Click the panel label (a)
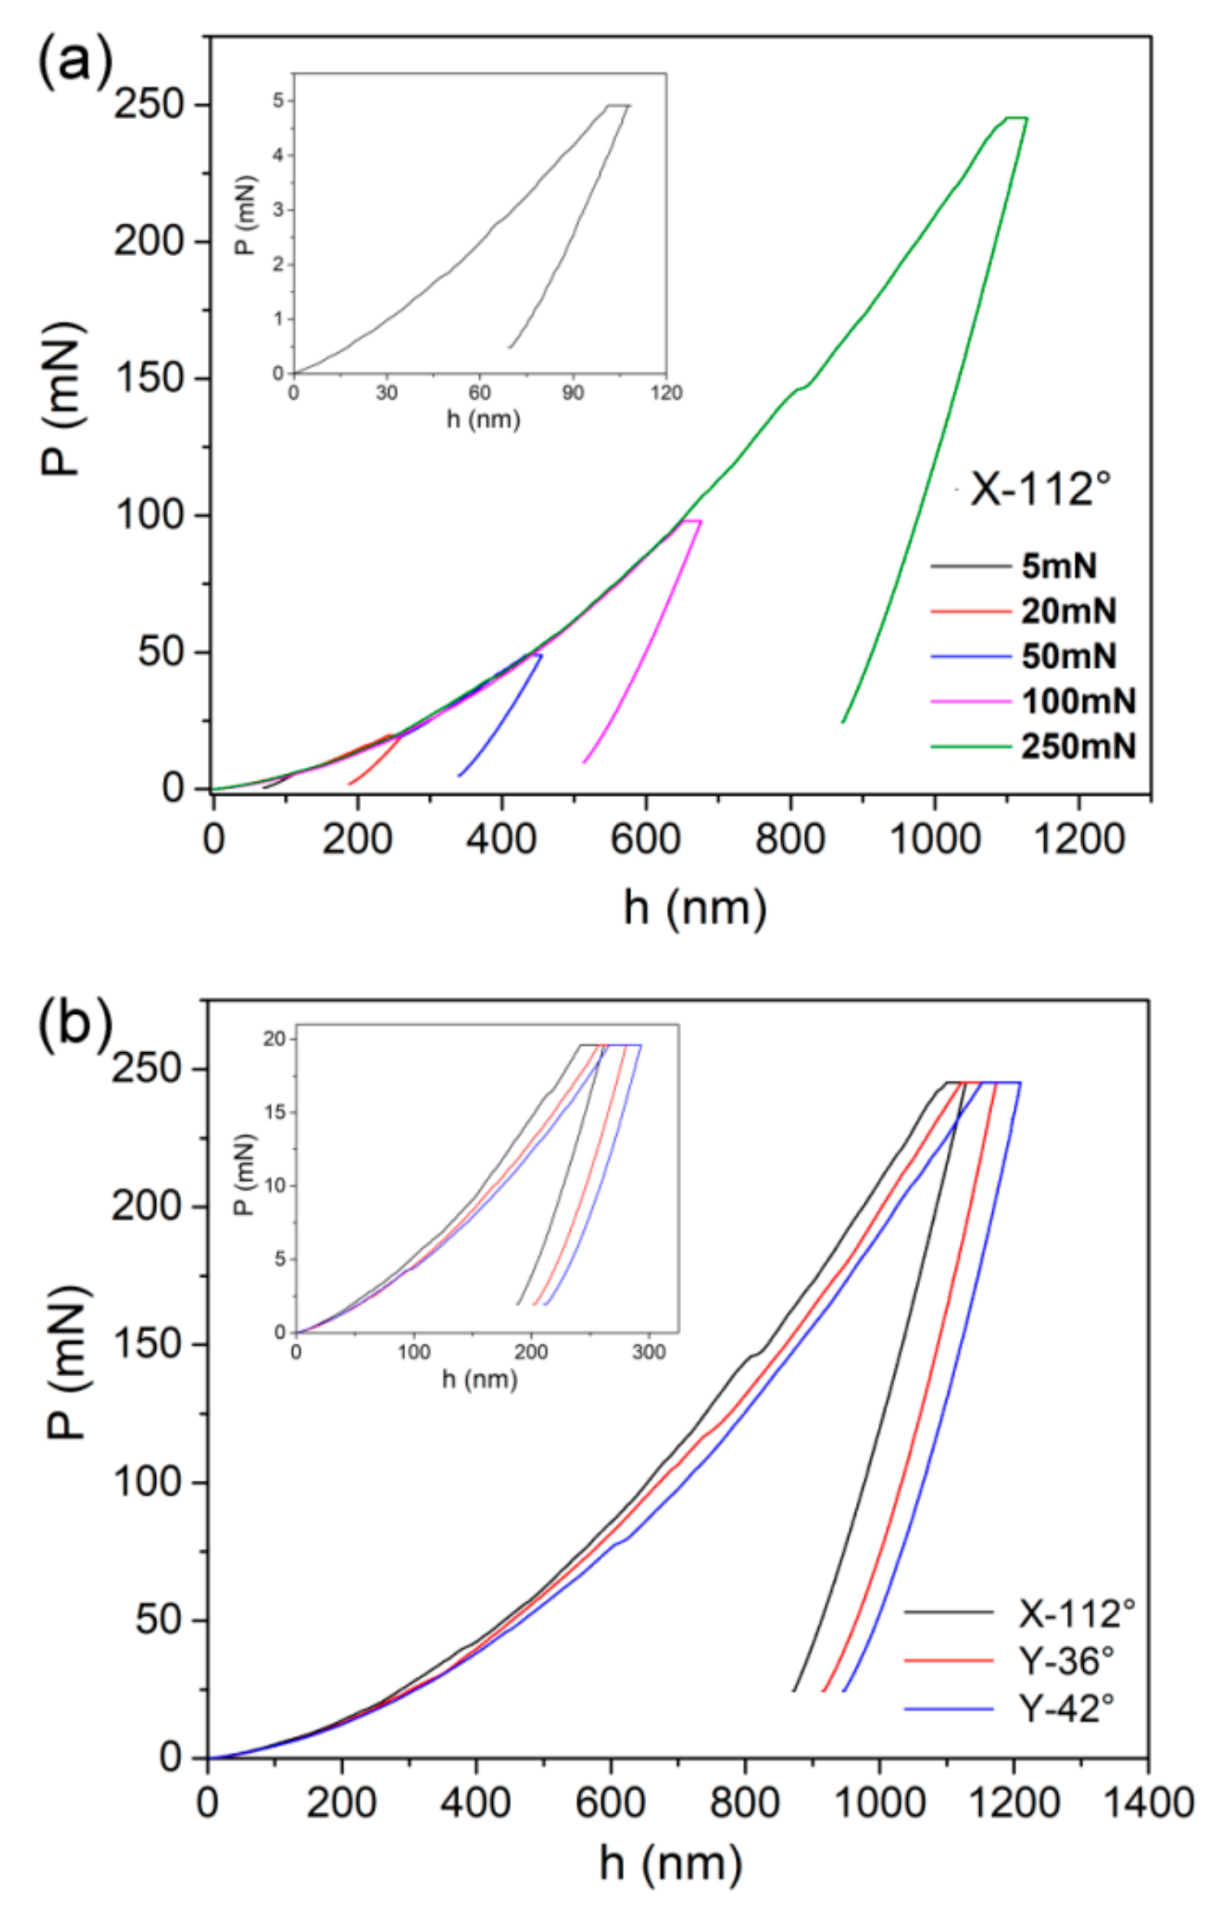click(x=76, y=62)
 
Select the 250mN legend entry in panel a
click(x=1079, y=747)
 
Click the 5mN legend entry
click(x=1059, y=566)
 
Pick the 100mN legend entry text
click(x=1079, y=701)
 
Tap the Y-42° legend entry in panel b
click(x=1066, y=1708)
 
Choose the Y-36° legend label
click(x=1066, y=1660)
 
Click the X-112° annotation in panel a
click(x=1040, y=489)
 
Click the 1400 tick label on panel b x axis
click(x=1147, y=1803)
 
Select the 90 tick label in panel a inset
click(x=572, y=393)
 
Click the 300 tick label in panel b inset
click(x=648, y=1352)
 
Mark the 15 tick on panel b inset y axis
click(x=275, y=1112)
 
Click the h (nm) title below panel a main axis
click(x=695, y=907)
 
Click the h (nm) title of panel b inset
click(x=479, y=1380)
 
